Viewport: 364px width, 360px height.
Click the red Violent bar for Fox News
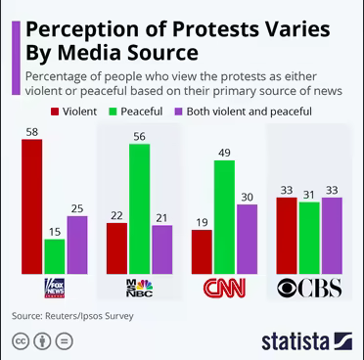(31, 206)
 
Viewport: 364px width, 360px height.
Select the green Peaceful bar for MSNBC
(139, 208)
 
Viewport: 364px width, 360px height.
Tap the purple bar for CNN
(247, 239)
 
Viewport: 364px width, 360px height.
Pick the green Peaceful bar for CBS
(309, 238)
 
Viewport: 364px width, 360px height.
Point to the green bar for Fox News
(55, 256)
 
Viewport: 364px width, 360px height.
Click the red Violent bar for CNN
(202, 251)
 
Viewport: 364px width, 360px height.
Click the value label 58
(32, 132)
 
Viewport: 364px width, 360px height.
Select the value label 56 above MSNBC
(139, 136)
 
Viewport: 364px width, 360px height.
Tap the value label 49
(224, 153)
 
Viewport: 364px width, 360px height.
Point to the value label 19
(202, 222)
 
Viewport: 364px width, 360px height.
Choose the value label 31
(309, 195)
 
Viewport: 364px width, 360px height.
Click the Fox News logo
(55, 288)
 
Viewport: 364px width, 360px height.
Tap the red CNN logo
(224, 288)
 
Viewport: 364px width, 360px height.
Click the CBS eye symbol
(287, 288)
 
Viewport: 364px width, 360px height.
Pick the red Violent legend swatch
(55, 112)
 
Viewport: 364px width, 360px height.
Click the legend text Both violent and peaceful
(250, 112)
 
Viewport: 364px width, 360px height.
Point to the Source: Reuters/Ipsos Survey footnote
(72, 316)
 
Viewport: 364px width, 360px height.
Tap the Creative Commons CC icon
(21, 341)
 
